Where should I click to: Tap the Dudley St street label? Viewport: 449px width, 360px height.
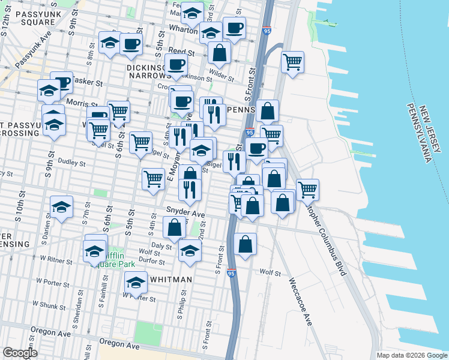pos(72,163)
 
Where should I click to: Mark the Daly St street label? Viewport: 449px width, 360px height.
pos(162,246)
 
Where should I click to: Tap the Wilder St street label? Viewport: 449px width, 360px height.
pos(221,77)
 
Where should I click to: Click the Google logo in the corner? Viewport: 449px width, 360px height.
pos(20,353)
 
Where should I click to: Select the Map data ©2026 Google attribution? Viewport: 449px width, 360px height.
pos(412,355)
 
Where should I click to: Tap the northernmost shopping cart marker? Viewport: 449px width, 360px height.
pos(292,61)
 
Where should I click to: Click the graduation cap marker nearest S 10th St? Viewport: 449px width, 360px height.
pos(61,207)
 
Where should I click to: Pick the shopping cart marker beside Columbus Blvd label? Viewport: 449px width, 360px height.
pos(307,189)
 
